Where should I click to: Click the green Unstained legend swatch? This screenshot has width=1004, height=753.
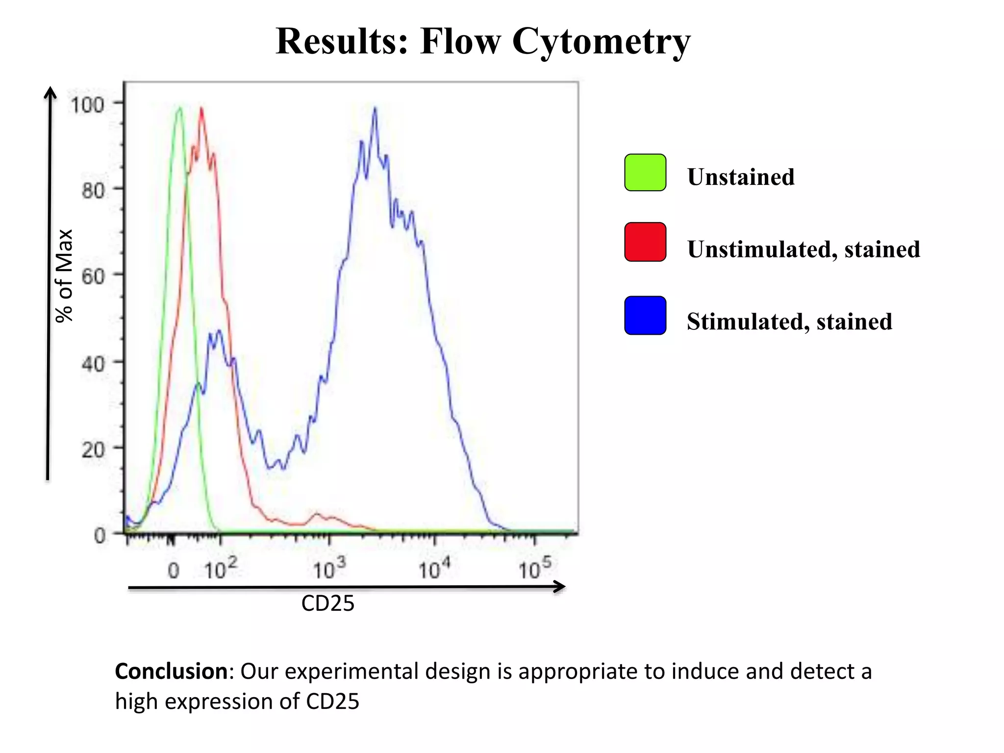[x=645, y=173]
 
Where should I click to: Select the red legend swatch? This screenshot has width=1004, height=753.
[x=645, y=242]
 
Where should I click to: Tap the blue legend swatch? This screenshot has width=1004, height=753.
[x=645, y=315]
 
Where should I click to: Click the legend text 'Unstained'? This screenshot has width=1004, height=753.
[x=740, y=177]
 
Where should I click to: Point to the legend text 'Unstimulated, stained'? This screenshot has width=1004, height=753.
[x=803, y=249]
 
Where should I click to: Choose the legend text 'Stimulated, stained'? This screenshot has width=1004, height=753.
[x=789, y=322]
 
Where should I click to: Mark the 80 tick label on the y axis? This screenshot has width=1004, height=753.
[x=93, y=190]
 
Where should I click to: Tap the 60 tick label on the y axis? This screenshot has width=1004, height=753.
[x=93, y=277]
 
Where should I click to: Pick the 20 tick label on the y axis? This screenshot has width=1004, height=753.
[x=93, y=450]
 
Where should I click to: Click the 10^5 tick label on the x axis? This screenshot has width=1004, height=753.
[x=535, y=569]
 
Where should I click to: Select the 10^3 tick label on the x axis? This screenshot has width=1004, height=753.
[x=329, y=569]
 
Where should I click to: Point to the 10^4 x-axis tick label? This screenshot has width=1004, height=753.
[x=434, y=569]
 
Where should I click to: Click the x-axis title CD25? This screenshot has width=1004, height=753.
[x=327, y=603]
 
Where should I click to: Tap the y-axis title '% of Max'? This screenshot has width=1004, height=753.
[x=64, y=276]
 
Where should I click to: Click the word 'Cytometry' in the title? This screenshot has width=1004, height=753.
[x=601, y=41]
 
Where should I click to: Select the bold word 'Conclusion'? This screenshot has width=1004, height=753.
[x=171, y=671]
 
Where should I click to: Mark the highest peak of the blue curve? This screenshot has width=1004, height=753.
[x=375, y=108]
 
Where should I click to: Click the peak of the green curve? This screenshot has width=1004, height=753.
[x=179, y=108]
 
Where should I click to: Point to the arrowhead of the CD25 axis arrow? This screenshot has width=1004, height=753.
[x=560, y=586]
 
